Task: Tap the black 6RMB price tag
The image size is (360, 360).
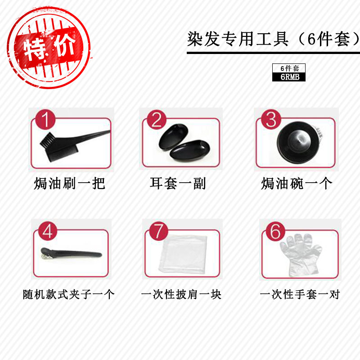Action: (x=288, y=77)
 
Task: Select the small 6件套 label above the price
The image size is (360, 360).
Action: (x=288, y=68)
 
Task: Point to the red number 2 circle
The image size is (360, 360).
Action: (x=156, y=121)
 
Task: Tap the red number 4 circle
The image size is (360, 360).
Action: (x=48, y=232)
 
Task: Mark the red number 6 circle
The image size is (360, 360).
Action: (x=275, y=232)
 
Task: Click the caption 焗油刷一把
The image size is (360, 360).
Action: (x=69, y=184)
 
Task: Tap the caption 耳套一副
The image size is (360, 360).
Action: (x=178, y=184)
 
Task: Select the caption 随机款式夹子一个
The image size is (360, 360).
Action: (x=69, y=295)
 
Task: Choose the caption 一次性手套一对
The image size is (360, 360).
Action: (x=300, y=295)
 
